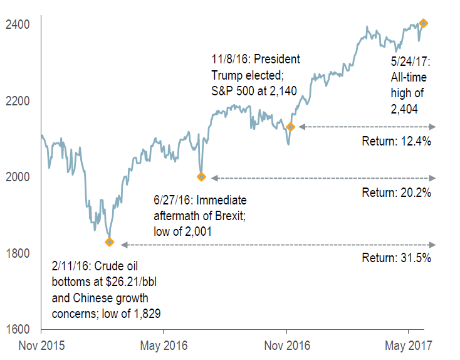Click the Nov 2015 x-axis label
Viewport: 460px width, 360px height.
point(41,345)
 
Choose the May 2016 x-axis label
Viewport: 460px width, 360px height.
point(162,345)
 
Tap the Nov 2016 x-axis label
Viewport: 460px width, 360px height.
point(286,345)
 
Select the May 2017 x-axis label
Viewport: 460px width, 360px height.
point(409,345)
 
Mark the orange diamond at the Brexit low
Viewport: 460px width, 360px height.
point(201,177)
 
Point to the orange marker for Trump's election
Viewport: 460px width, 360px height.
point(290,127)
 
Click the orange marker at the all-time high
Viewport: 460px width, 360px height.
point(423,23)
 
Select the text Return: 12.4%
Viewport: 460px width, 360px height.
point(396,141)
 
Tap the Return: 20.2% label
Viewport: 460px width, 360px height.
point(396,193)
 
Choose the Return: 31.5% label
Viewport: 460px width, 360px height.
point(396,257)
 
